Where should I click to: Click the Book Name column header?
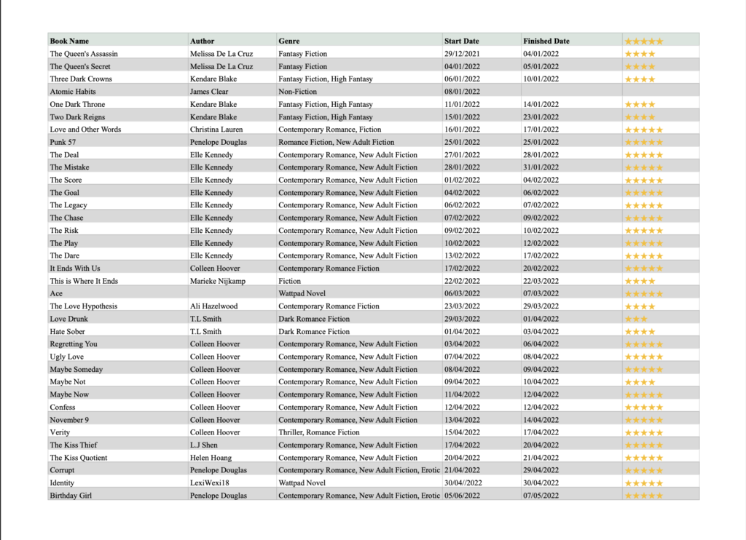coord(69,41)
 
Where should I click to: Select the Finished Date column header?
coord(546,41)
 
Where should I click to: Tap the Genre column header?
coord(289,41)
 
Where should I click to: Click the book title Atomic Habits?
coord(73,92)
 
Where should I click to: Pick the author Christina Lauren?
coord(217,130)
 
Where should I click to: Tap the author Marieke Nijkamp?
coord(218,281)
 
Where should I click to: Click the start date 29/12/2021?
coord(462,54)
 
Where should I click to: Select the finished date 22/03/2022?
coord(541,281)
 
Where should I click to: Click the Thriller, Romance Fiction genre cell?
coord(319,432)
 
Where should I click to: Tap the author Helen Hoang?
coord(211,458)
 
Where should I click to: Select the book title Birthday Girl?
coord(71,496)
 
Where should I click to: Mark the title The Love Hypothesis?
coord(83,306)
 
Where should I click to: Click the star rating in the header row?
coord(644,41)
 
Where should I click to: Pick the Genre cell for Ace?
coord(302,293)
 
